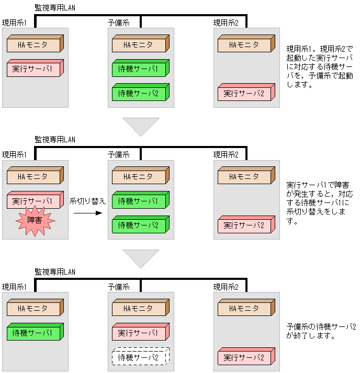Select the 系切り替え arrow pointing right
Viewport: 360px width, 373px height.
87,213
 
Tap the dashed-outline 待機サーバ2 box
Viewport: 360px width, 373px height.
140,358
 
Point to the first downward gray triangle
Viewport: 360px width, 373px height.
141,126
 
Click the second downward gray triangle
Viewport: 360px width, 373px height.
141,258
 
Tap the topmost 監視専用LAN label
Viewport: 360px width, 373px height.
55,7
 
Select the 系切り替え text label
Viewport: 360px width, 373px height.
87,201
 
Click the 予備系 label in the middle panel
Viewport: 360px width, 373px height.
118,154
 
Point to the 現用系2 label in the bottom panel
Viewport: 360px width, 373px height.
226,287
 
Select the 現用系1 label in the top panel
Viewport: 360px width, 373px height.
14,22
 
